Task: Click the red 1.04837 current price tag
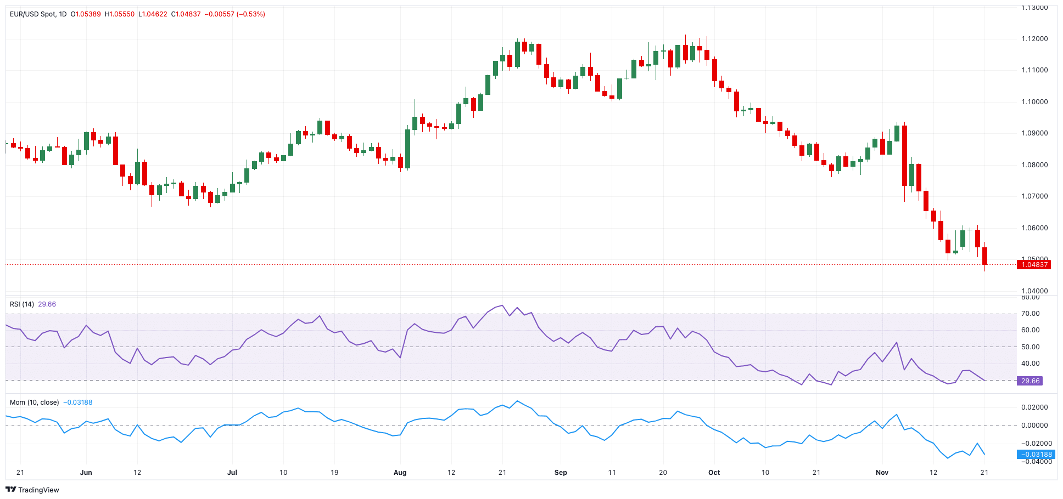(1033, 265)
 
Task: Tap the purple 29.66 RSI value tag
(1030, 381)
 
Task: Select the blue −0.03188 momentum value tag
(1036, 454)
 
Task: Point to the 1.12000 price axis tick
(1034, 39)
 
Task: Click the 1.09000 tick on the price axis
(1034, 133)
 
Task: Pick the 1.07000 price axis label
(1034, 196)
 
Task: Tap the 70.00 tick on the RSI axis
(1030, 314)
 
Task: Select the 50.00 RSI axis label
(1030, 347)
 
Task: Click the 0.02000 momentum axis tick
(1034, 407)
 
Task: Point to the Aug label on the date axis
(400, 472)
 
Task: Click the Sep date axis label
(561, 472)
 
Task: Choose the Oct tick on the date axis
(714, 472)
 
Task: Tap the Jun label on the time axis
(86, 472)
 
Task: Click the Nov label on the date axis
(882, 472)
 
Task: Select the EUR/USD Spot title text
(32, 14)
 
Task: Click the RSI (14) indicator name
(22, 304)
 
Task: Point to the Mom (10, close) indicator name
(34, 402)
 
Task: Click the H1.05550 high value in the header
(120, 14)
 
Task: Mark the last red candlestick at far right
(985, 256)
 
